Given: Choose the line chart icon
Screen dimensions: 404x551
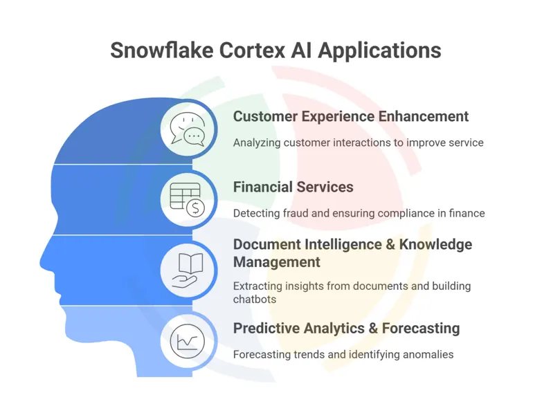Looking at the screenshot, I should click(x=188, y=341).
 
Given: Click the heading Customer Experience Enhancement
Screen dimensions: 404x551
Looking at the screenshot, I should click(x=351, y=116).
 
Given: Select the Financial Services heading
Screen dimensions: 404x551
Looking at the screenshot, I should click(x=293, y=187).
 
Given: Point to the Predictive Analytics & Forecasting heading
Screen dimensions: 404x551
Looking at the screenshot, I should click(x=346, y=328).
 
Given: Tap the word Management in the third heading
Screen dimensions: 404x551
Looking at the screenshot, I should click(x=277, y=262).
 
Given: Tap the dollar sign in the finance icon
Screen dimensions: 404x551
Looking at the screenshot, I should click(x=196, y=207).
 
